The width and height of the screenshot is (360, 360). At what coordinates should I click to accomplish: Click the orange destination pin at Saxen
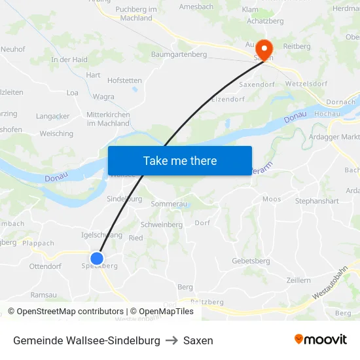click(x=264, y=48)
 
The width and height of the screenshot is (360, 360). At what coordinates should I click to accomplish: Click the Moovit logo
click(x=320, y=340)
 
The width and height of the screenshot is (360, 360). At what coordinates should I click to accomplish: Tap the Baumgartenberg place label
click(x=179, y=54)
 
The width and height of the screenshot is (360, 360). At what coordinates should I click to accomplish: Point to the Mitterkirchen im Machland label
click(x=108, y=118)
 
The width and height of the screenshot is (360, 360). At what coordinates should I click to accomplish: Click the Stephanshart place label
click(x=317, y=201)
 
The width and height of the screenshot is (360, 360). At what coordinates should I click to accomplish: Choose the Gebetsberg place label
click(x=251, y=261)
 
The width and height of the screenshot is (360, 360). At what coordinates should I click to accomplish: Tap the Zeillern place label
click(x=298, y=280)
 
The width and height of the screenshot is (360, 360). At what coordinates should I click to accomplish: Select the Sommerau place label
click(x=169, y=204)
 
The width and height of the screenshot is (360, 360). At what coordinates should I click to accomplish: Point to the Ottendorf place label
click(x=45, y=267)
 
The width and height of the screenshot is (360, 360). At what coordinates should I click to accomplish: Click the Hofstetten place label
click(x=124, y=81)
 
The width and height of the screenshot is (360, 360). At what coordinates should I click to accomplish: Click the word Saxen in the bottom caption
click(x=198, y=340)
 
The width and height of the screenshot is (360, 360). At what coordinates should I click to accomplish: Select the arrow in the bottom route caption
click(x=171, y=340)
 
